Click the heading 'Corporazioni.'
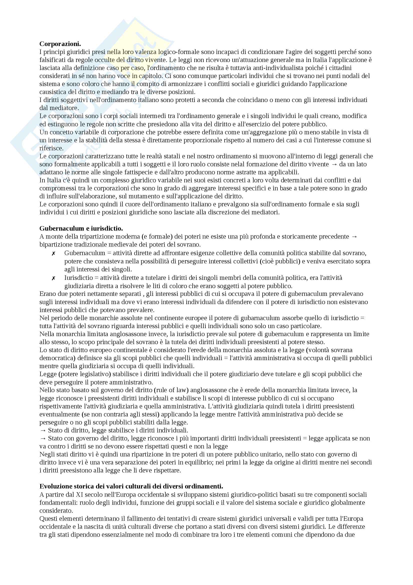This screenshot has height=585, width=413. coord(60,44)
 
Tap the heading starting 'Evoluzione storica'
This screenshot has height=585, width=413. coord(131,486)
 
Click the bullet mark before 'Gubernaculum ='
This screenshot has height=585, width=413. coord(53,253)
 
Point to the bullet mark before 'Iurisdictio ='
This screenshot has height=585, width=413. coord(53,278)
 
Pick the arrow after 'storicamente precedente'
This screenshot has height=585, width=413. coord(354,236)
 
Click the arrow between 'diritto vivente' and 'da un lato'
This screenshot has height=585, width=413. coord(334,164)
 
